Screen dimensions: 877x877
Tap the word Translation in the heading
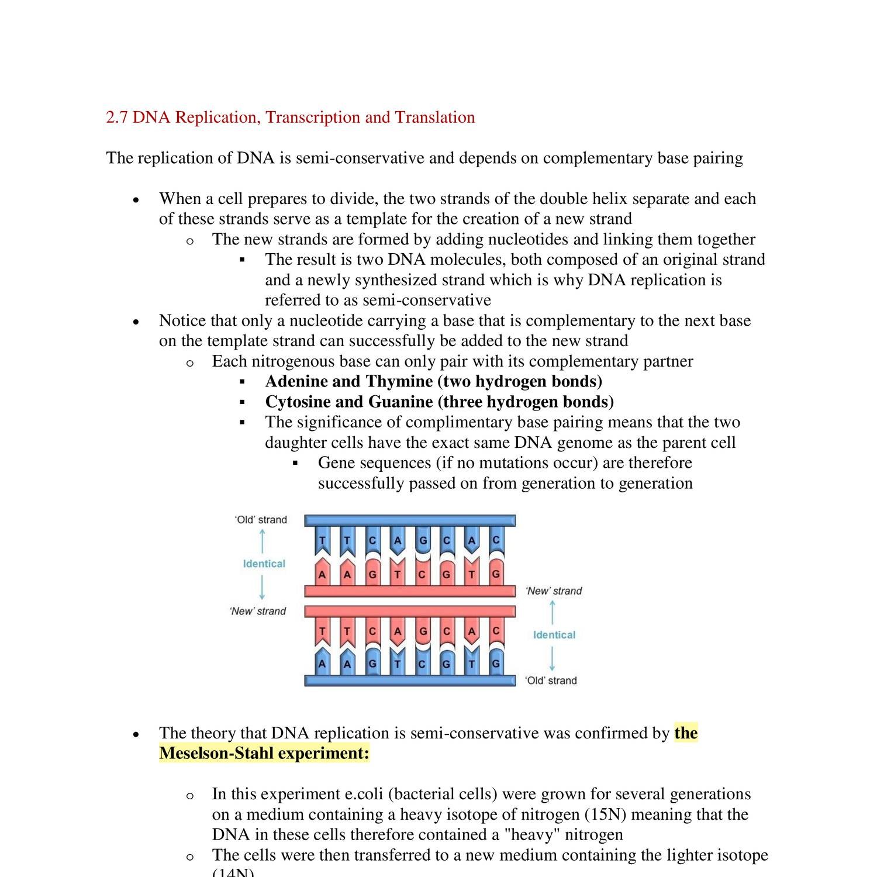(434, 118)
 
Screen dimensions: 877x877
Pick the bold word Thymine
(399, 382)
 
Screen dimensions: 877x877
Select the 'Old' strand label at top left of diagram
(261, 520)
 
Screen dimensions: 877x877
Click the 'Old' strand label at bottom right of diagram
(551, 681)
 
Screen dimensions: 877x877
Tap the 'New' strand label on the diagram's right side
(554, 591)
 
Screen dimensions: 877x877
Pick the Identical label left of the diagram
(264, 564)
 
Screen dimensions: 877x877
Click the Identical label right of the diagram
(554, 635)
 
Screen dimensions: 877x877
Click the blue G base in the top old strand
(423, 541)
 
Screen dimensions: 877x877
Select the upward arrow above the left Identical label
(262, 541)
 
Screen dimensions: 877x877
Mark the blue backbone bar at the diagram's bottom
(409, 681)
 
